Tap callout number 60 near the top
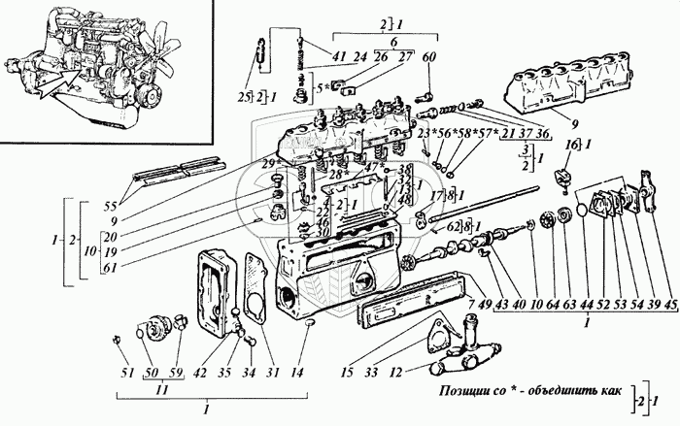428,55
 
